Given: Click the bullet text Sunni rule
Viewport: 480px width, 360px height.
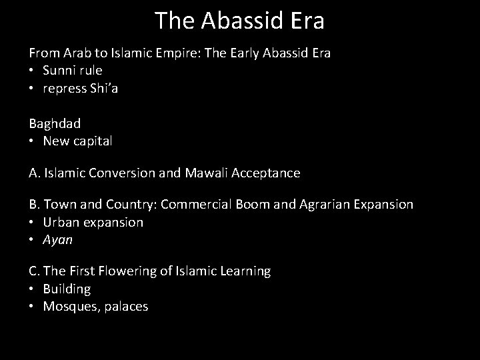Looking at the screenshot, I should point(73,70).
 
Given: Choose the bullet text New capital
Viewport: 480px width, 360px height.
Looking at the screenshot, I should point(77,141).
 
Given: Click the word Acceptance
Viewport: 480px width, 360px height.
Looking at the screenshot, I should point(265,173).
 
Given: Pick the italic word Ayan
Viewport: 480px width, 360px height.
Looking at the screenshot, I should point(58,240).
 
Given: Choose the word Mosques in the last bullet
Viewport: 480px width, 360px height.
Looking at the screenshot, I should point(69,307).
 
